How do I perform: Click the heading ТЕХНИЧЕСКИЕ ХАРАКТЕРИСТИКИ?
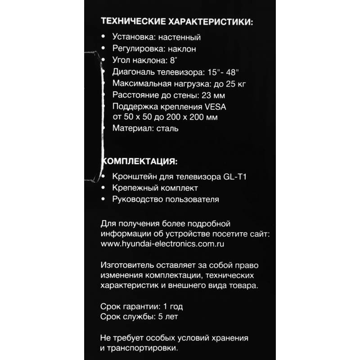click(x=177, y=22)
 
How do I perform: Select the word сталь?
click(x=167, y=129)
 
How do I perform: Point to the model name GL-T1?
click(x=234, y=177)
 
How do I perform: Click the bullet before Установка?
click(x=104, y=37)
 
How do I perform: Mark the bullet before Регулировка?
click(x=104, y=49)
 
